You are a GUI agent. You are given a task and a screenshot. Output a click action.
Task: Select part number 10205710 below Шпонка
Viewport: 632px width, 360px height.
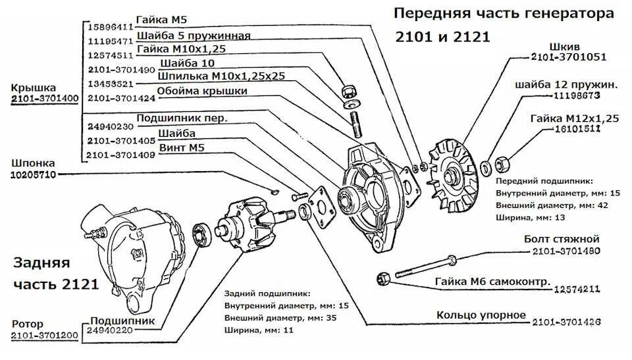click(33, 175)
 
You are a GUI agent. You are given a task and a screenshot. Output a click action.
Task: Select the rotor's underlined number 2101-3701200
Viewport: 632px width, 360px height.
click(45, 336)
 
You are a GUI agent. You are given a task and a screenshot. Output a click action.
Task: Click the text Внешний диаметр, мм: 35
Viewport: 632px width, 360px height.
click(274, 318)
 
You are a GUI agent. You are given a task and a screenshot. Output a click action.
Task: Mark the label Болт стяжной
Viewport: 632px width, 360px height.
click(561, 238)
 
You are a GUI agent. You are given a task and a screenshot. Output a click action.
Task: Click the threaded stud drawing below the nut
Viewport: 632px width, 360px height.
click(357, 124)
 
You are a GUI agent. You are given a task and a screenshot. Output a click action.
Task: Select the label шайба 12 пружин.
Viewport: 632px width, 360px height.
click(567, 84)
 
